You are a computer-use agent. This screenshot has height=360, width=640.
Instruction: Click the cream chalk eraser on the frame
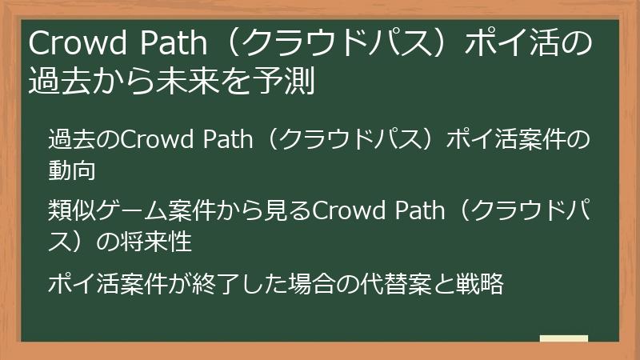pyautogui.click(x=564, y=338)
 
